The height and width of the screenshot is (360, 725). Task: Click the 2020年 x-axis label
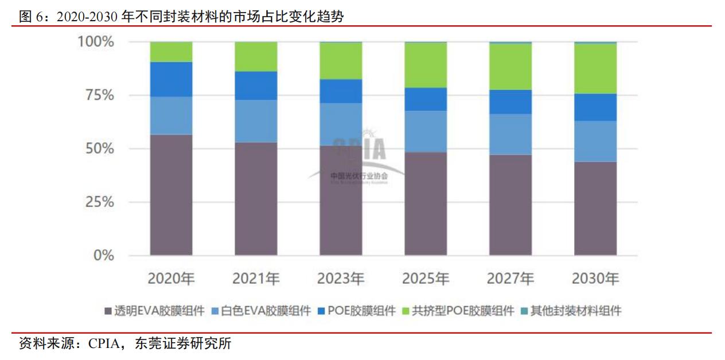tap(171, 279)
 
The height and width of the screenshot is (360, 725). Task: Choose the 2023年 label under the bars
tap(341, 279)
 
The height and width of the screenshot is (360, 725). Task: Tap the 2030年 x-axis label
tap(595, 279)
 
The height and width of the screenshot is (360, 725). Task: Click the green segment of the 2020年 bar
tap(171, 52)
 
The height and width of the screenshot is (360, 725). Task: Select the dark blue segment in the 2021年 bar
tap(256, 85)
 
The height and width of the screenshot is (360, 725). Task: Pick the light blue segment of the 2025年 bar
tap(426, 131)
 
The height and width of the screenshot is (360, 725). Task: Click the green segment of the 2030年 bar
tap(595, 68)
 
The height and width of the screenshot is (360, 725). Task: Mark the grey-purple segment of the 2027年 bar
tap(510, 205)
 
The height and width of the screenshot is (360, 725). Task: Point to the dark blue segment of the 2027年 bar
tap(510, 101)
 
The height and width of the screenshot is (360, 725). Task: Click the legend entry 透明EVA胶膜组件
tap(154, 311)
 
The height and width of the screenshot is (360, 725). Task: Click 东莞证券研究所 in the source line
tap(182, 344)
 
